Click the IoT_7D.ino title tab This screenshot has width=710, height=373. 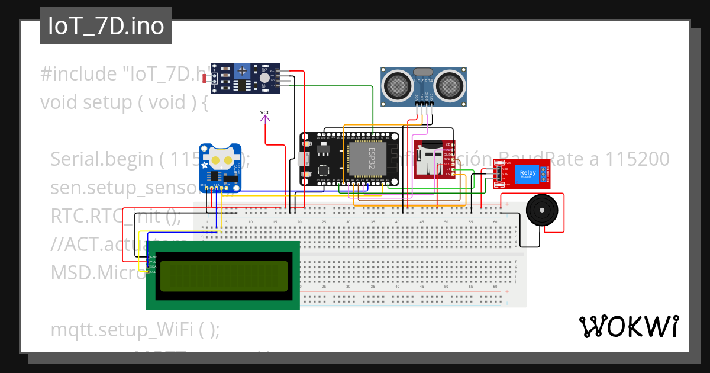pyautogui.click(x=106, y=26)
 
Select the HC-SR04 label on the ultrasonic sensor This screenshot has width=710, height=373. pyautogui.click(x=424, y=80)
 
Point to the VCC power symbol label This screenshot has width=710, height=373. pyautogui.click(x=265, y=112)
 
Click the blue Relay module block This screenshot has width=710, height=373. pyautogui.click(x=528, y=173)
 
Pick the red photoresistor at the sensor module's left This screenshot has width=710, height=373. pyautogui.click(x=205, y=78)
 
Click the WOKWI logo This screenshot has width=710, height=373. pyautogui.click(x=628, y=326)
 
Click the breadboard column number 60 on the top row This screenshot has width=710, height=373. pyautogui.click(x=495, y=222)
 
